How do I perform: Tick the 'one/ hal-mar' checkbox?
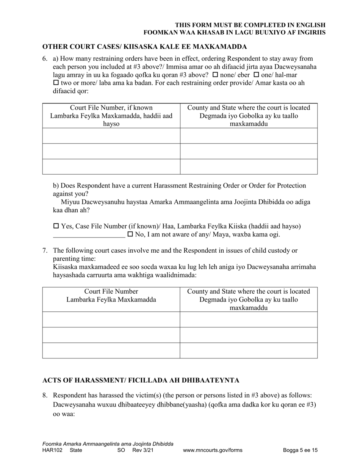coord(256,75)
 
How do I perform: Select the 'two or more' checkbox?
coord(56,83)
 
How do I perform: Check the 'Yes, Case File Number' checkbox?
coord(56,226)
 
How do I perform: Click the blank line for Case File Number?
coord(89,235)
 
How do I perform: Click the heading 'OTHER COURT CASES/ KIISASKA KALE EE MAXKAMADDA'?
coord(144,47)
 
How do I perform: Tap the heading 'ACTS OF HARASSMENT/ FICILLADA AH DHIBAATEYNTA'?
coord(141,380)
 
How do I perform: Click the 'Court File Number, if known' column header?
coord(111,108)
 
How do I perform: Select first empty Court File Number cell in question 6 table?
coord(111,136)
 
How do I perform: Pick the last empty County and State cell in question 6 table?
coord(249,166)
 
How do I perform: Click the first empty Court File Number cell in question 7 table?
coord(111,319)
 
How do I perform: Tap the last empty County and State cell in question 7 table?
coord(249,350)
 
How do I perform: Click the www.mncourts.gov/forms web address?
coord(213,450)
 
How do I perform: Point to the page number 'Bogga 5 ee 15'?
coord(300,450)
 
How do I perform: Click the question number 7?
coord(45,250)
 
